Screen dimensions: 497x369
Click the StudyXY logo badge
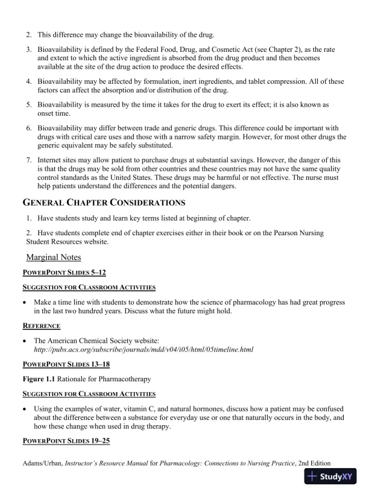pos(331,476)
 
